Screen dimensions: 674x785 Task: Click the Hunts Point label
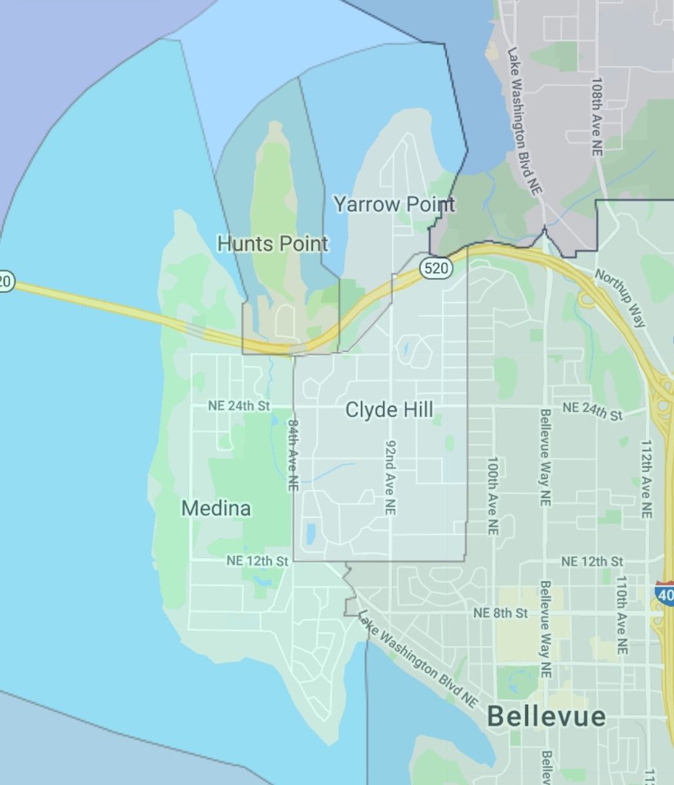[x=273, y=244]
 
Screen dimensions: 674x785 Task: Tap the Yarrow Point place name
[x=394, y=203]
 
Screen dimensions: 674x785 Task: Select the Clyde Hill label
[x=389, y=410]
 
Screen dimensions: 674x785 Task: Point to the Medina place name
[x=216, y=508]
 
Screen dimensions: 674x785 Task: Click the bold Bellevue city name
[x=547, y=716]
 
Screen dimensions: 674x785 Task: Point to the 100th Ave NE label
[x=492, y=496]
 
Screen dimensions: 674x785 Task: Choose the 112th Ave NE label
[x=647, y=480]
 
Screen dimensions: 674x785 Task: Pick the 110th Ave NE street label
[x=622, y=615]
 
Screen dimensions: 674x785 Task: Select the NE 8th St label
[x=501, y=613]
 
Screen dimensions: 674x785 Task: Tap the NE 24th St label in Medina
[x=239, y=406]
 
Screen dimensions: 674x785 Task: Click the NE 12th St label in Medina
[x=258, y=561]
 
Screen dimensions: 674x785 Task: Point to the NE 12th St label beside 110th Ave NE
[x=592, y=561]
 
